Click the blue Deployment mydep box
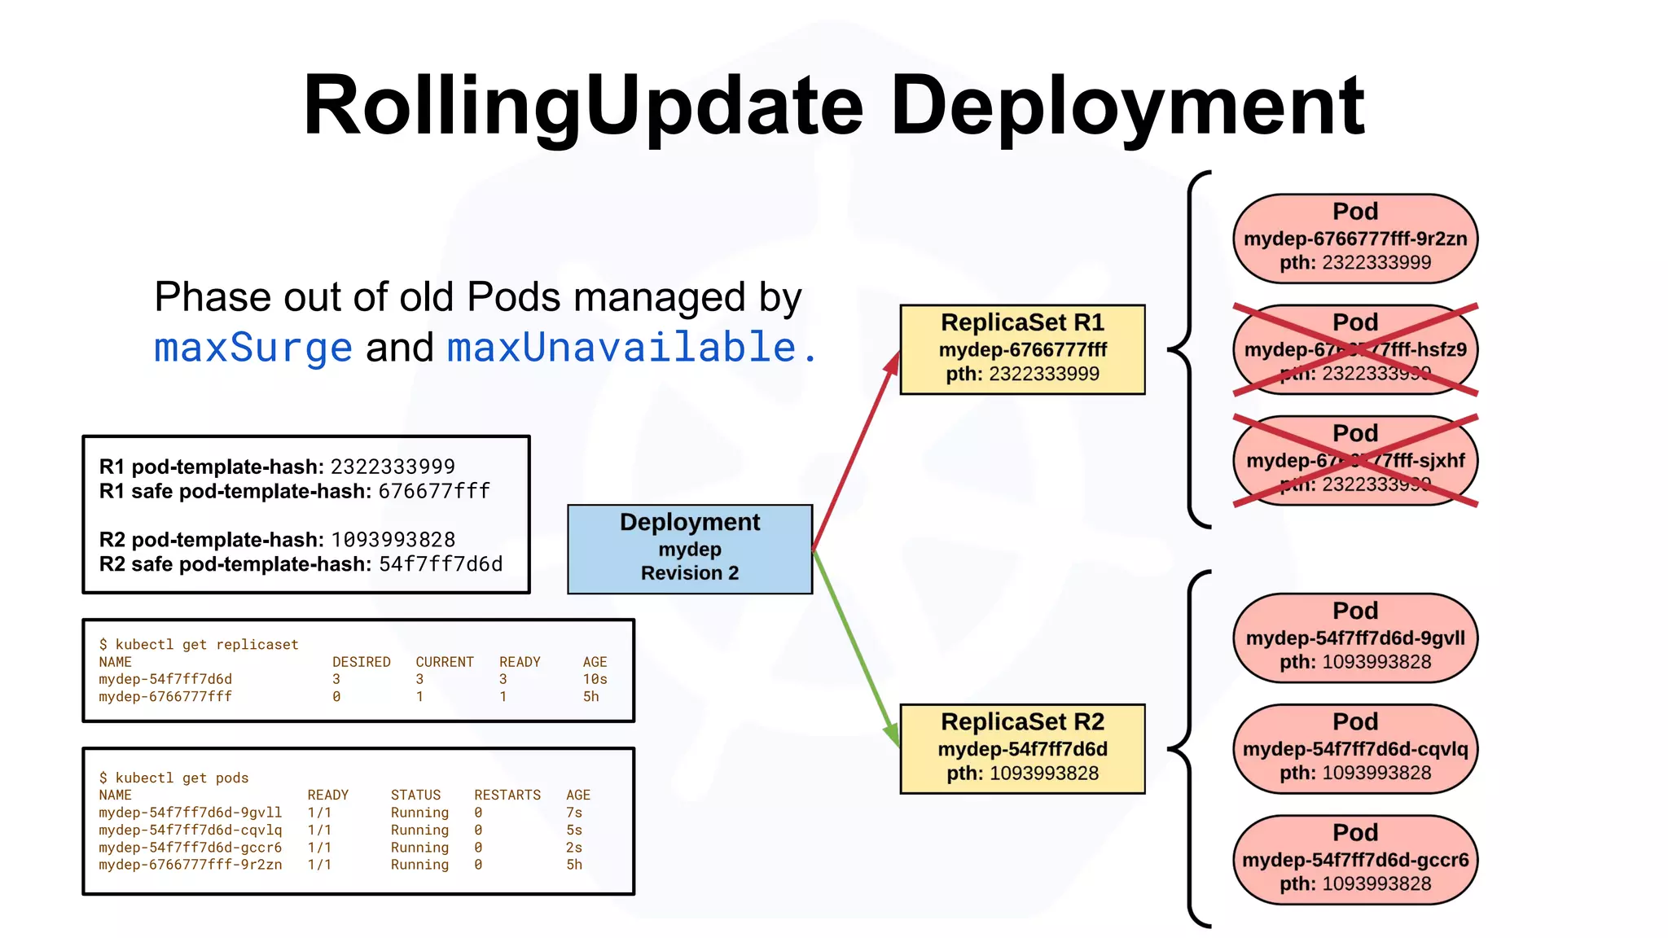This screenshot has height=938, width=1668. coord(690,549)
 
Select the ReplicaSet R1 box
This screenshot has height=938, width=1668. coord(1022,349)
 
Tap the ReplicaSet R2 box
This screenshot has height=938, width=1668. coord(1022,748)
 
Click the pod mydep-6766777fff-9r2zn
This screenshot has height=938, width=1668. coord(1355,239)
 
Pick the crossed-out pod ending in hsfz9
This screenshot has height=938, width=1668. coord(1355,349)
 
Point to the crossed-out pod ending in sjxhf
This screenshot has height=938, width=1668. coord(1355,460)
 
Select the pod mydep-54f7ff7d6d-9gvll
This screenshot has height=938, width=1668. coord(1355,638)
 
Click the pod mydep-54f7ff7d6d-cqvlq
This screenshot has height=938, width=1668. coord(1355,748)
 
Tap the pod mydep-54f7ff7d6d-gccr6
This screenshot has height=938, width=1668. coord(1355,860)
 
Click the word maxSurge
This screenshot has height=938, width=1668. coord(253,348)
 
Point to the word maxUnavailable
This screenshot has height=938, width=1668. coord(622,348)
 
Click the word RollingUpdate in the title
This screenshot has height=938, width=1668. coord(582,106)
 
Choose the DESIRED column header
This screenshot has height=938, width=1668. coord(361,662)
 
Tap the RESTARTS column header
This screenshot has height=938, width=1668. coord(507,795)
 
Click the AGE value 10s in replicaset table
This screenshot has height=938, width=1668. coord(595,679)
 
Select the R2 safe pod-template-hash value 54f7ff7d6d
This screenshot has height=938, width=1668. coord(441,564)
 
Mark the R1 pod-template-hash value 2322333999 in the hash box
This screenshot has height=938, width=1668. coord(393,467)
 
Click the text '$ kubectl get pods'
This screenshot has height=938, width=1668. coord(173,778)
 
